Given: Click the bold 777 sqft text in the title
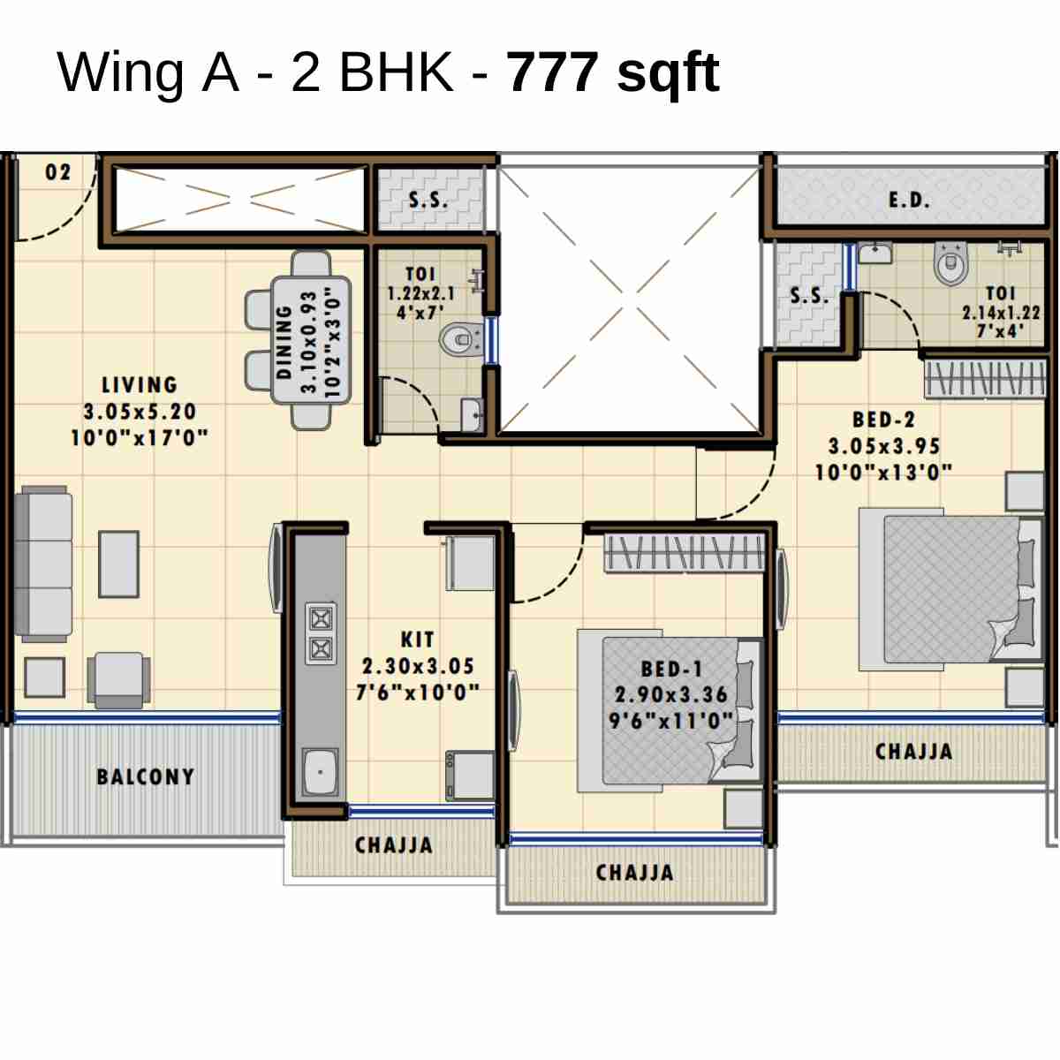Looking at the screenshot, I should [x=613, y=72].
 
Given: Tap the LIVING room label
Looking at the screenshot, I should [x=140, y=385].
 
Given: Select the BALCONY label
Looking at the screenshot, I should [x=146, y=777].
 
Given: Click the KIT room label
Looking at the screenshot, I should [x=417, y=640].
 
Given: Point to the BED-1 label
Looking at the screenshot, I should [x=671, y=670].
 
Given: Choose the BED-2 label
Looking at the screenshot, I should [x=883, y=420].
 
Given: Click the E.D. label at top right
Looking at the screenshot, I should [x=909, y=201].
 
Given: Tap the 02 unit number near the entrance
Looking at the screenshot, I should [x=58, y=172].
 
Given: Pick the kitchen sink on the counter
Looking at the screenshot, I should [x=320, y=771].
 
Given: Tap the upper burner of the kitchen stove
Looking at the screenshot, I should [x=321, y=617].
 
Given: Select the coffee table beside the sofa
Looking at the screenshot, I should [x=118, y=564].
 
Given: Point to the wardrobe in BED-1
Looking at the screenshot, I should [x=685, y=553].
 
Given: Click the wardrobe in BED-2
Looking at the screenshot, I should [x=985, y=378].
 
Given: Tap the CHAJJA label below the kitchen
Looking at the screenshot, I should [x=394, y=845].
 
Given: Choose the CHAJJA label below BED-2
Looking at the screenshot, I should [x=913, y=752].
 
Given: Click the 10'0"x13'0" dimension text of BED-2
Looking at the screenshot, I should [x=883, y=473].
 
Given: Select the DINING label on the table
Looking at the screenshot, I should [x=284, y=342].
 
